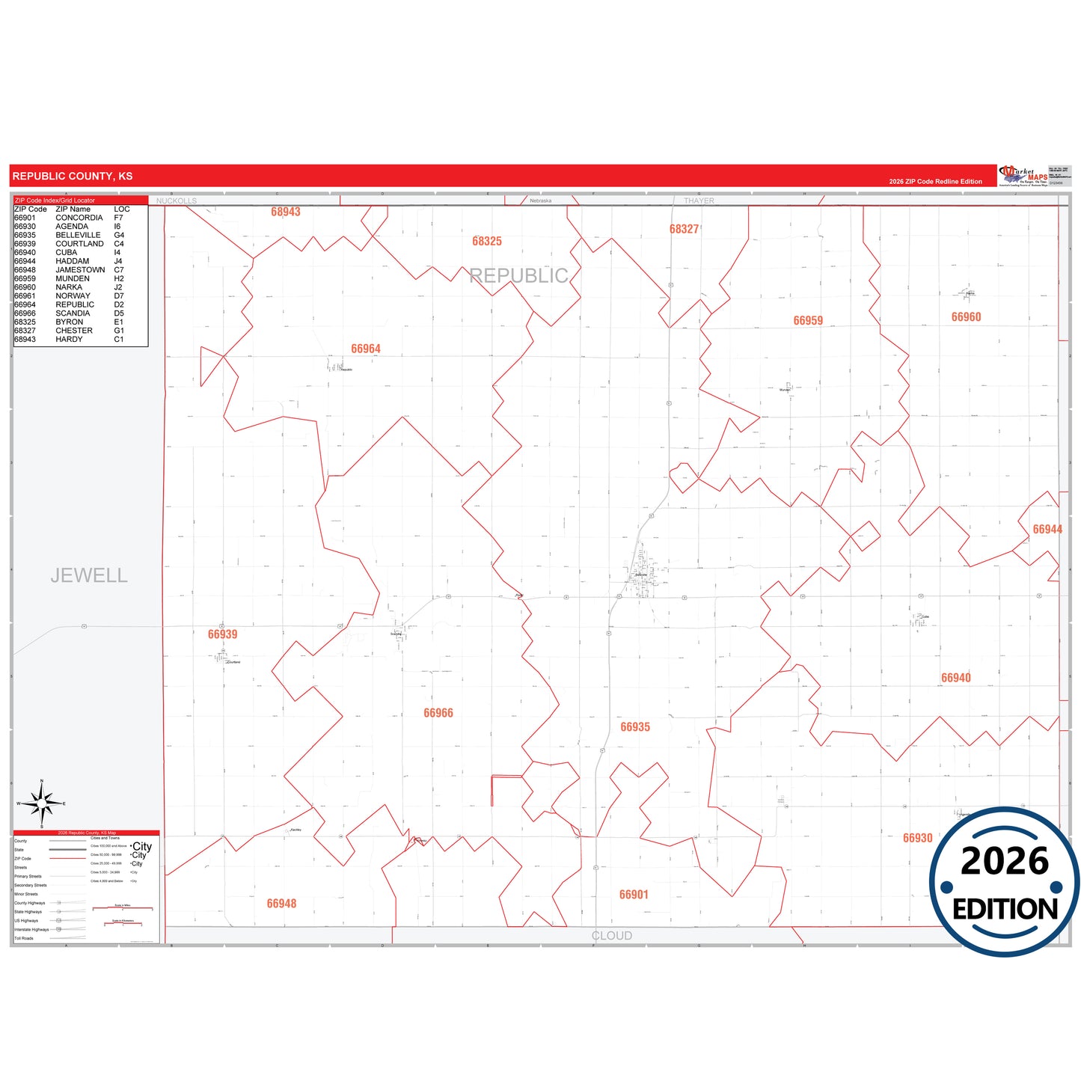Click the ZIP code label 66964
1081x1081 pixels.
click(366, 349)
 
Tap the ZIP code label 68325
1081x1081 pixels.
click(487, 241)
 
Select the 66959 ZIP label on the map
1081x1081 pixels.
click(808, 320)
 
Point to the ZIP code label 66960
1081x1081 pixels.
click(966, 317)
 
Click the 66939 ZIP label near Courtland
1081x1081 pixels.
click(222, 634)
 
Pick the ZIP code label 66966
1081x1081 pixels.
click(438, 713)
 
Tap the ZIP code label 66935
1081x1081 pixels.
click(635, 726)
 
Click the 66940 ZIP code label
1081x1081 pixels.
click(955, 678)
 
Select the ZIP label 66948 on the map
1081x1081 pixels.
click(281, 904)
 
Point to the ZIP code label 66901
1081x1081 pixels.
click(634, 895)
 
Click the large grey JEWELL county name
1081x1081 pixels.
click(89, 575)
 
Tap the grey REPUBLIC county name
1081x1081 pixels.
click(518, 276)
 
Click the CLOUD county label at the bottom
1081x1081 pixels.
click(612, 936)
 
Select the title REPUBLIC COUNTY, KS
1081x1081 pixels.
click(73, 177)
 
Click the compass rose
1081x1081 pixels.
click(42, 804)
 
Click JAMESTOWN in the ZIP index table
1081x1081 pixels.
click(80, 270)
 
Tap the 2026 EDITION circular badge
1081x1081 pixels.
click(1004, 883)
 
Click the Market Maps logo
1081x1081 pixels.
click(1023, 176)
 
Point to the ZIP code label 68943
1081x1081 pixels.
click(286, 212)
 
